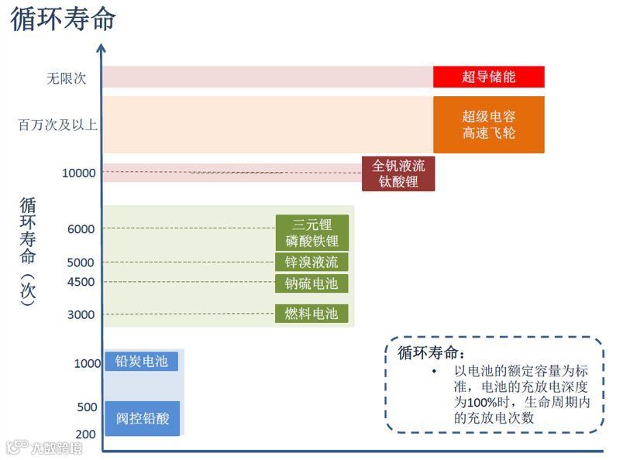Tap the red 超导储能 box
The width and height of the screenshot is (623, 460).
(x=488, y=77)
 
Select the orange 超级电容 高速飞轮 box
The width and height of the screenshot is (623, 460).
(x=488, y=125)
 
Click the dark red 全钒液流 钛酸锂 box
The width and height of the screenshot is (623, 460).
(x=398, y=173)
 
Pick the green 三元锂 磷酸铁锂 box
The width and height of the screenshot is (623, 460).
(x=311, y=232)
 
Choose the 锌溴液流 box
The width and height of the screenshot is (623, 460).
(x=311, y=262)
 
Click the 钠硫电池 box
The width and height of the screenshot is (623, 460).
(x=311, y=283)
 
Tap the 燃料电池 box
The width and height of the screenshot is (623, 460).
(x=311, y=314)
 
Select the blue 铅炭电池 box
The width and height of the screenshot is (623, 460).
(x=141, y=361)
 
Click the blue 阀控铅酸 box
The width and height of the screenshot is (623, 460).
(x=142, y=419)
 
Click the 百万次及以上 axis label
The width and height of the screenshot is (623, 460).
(x=58, y=124)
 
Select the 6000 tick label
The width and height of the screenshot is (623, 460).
(x=81, y=229)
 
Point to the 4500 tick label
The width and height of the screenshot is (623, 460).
(x=81, y=282)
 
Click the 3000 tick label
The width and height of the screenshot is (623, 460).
(x=81, y=314)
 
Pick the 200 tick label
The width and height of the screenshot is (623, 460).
(x=86, y=434)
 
